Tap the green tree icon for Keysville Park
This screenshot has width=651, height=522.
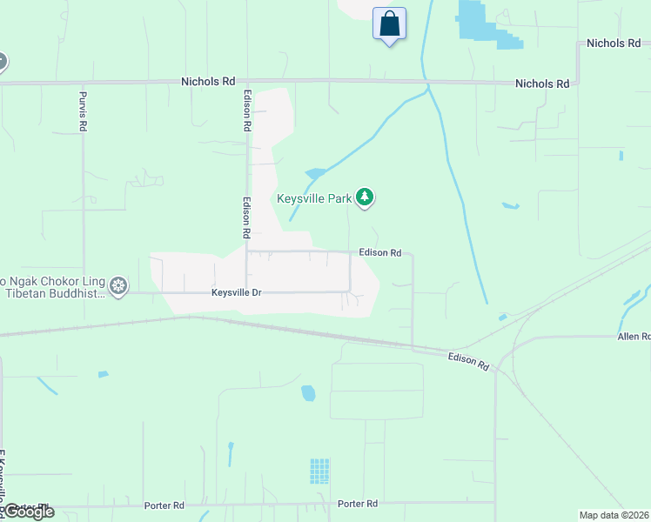click(366, 199)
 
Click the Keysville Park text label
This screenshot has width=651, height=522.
click(314, 198)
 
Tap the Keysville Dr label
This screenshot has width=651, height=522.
click(236, 292)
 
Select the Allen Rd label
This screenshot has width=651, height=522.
click(634, 336)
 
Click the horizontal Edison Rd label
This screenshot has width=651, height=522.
click(379, 252)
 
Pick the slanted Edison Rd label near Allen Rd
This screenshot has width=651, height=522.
click(468, 362)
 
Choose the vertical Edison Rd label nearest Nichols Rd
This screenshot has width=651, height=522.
click(248, 111)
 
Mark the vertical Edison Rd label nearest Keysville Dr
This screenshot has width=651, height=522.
click(247, 217)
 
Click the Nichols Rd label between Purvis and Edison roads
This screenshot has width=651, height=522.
click(208, 81)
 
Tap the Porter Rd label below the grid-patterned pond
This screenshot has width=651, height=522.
click(358, 504)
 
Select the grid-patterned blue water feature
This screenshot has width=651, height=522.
click(319, 471)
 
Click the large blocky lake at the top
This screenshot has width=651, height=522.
click(477, 22)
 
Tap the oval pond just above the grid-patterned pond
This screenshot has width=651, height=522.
click(308, 393)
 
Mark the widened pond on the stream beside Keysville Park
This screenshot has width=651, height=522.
click(314, 173)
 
